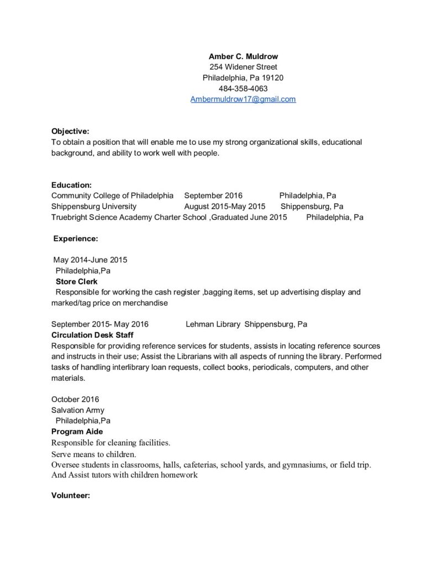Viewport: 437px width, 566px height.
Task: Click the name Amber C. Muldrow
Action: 243,56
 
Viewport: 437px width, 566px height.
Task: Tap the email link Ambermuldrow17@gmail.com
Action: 243,99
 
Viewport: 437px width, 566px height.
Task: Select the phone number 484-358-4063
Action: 243,88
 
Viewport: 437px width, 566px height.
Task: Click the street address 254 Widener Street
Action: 243,67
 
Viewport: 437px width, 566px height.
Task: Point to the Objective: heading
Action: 70,132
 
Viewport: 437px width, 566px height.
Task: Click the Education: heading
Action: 71,185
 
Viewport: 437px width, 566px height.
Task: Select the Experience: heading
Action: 76,239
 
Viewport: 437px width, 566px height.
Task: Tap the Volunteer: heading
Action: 71,496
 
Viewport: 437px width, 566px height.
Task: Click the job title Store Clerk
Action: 76,281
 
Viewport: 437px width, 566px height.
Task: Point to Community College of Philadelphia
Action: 112,196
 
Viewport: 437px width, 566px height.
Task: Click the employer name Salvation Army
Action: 77,410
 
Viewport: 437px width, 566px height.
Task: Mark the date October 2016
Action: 75,399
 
